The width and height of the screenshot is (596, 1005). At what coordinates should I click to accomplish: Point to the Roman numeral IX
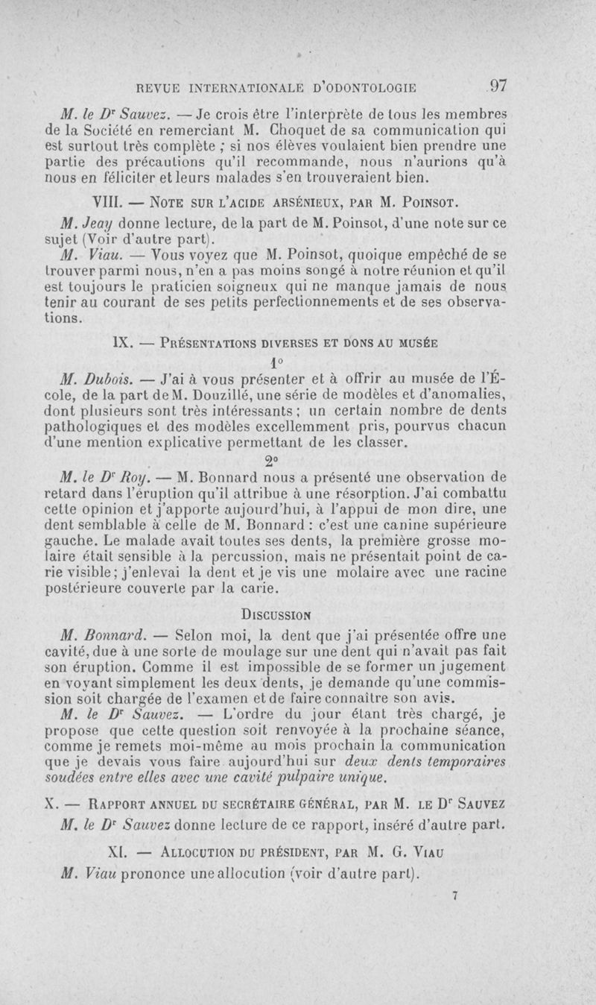pos(121,343)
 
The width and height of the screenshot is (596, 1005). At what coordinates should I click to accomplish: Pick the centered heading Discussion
pos(276,615)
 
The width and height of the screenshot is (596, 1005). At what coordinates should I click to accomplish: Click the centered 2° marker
pos(276,458)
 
